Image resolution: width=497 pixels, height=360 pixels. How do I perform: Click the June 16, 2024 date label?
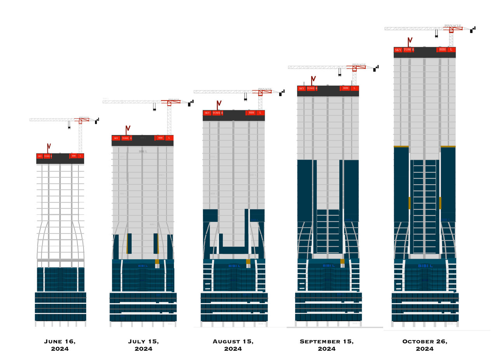tap(59, 345)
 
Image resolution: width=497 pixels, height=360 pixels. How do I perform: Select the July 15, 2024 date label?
tap(143, 345)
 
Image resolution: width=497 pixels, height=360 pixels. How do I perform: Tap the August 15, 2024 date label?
tap(233, 345)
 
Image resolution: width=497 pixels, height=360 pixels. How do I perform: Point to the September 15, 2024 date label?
tap(327, 345)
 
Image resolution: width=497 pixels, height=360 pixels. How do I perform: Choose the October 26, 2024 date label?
tap(425, 345)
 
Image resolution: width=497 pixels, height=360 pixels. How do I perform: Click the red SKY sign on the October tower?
tap(398, 50)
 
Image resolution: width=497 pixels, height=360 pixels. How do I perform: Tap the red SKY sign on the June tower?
tap(40, 156)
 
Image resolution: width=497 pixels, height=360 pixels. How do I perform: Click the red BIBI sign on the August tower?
tap(252, 113)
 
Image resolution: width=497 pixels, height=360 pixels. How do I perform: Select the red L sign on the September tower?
tap(354, 88)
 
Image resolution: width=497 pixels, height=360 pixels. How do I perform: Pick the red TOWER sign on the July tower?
tap(126, 138)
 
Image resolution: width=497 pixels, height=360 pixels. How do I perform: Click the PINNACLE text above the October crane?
tap(453, 26)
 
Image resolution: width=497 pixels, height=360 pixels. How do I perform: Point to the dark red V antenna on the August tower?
tap(219, 105)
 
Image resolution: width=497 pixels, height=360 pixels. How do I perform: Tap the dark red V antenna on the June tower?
tap(49, 148)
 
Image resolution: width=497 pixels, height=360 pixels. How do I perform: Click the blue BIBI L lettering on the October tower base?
tap(425, 266)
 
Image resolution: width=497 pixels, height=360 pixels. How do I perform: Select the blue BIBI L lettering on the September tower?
tap(328, 266)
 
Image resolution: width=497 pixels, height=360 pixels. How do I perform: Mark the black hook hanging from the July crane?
tap(155, 108)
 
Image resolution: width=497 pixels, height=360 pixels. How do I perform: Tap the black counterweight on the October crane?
tap(471, 31)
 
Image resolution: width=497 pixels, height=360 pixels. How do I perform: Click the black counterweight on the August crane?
tap(280, 94)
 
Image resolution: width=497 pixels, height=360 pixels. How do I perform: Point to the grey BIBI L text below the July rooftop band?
tap(143, 151)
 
